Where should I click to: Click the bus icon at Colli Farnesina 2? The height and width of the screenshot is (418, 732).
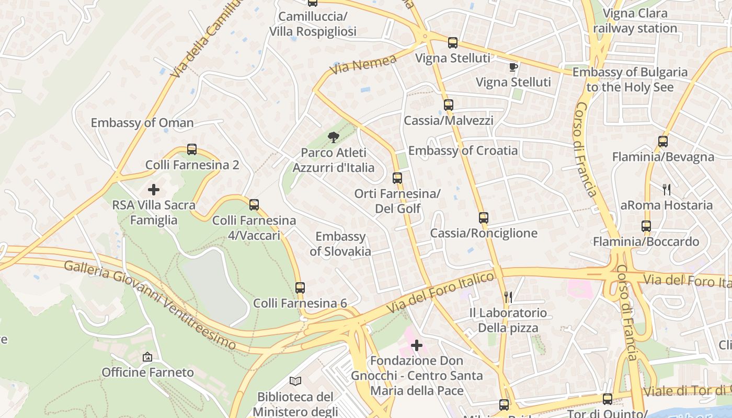[x=192, y=149]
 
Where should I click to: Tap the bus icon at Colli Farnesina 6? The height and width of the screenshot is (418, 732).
[x=300, y=287]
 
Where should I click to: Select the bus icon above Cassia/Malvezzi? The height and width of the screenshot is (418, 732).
[x=448, y=104]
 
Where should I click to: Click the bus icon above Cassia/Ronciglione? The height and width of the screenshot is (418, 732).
[x=483, y=217]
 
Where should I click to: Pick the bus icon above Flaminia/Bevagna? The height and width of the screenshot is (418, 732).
[x=662, y=141]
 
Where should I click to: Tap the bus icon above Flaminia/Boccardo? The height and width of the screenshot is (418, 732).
[x=646, y=226]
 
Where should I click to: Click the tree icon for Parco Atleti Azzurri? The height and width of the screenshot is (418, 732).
[x=333, y=137]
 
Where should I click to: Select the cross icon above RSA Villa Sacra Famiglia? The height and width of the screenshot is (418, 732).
[x=154, y=189]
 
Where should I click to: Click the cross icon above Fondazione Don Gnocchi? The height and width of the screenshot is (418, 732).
[x=417, y=345]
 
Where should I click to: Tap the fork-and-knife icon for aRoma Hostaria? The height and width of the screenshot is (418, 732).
[x=667, y=189]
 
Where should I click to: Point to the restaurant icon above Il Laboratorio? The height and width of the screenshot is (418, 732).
[x=508, y=297]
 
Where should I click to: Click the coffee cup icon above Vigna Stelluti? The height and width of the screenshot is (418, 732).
[x=513, y=66]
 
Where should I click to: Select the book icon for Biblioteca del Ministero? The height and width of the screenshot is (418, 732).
[x=295, y=381]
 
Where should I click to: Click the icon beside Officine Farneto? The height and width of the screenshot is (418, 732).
[x=147, y=357]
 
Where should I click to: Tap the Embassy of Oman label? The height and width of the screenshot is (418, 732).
[x=142, y=123]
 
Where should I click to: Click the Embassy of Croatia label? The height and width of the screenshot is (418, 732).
[x=463, y=150]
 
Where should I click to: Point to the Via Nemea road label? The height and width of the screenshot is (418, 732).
[x=363, y=65]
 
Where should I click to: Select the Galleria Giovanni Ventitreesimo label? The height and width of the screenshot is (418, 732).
[x=150, y=304]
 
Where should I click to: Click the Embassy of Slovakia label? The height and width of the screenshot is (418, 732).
[x=340, y=244]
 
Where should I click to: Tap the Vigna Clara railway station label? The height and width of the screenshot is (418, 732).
[x=635, y=21]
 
